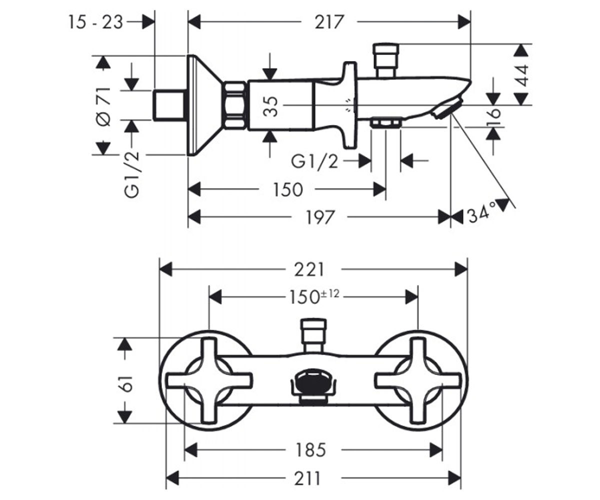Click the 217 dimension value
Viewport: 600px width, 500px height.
coord(329,22)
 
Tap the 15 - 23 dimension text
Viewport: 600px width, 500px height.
coord(96,22)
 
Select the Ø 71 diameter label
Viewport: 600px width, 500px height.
coord(103,106)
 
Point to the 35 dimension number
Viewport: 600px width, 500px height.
coord(270,106)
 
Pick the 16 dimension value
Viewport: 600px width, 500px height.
coord(493,116)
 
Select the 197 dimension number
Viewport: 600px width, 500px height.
coord(320,217)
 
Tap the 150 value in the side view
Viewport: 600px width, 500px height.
coord(287,189)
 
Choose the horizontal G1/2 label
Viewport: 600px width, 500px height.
coord(314,162)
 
